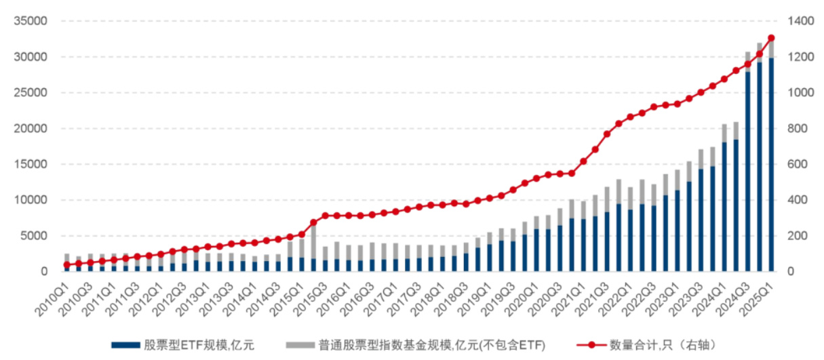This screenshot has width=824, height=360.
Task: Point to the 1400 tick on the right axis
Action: click(798, 21)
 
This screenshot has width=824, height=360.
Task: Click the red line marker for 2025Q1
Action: click(771, 38)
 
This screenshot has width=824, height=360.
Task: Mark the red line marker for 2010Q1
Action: click(66, 265)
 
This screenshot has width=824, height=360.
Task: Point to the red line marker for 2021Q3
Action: click(607, 134)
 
